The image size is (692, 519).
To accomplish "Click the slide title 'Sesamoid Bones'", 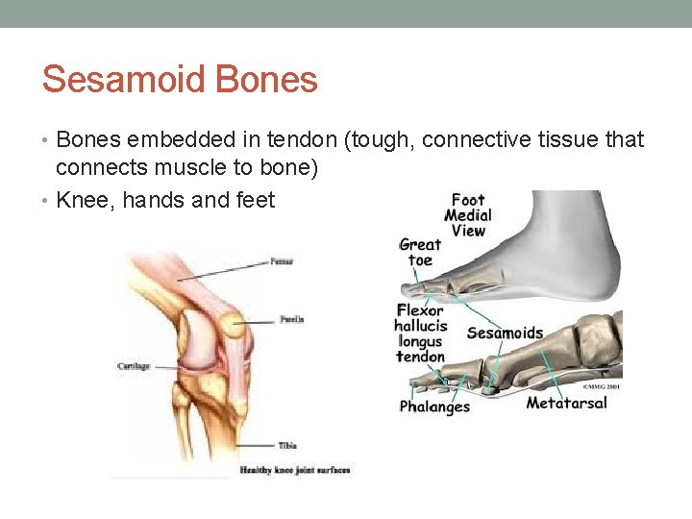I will click(180, 79).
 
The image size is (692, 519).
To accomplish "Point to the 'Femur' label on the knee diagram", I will click(281, 260).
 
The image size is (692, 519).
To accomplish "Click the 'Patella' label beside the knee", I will click(291, 319).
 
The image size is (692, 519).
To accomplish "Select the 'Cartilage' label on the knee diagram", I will click(134, 366).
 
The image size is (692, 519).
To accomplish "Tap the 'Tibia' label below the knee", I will click(286, 446).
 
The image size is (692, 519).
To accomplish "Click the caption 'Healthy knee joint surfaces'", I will click(294, 470).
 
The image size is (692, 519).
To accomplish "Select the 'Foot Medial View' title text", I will click(469, 215).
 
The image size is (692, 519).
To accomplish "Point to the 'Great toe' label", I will click(421, 253).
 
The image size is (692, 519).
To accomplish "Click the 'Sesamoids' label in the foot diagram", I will click(505, 334).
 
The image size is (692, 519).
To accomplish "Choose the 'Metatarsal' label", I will click(566, 403).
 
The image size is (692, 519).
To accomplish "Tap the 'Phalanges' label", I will click(434, 407).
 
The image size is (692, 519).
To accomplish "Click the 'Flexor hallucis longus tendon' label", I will click(420, 334).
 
